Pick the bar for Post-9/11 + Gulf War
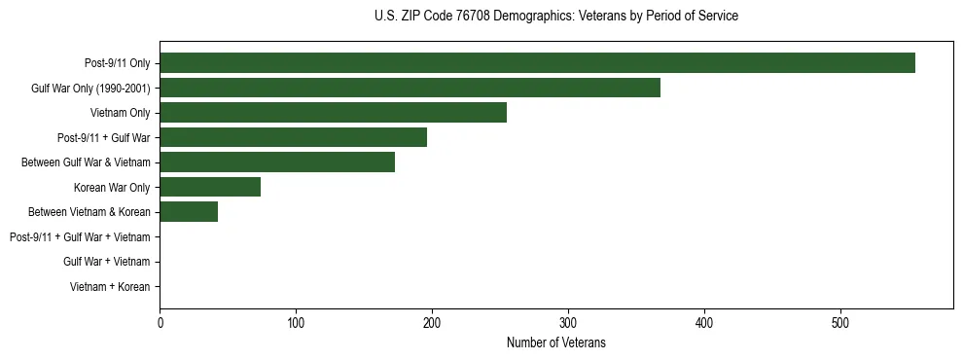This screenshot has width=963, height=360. click(293, 137)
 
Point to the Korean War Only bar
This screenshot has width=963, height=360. click(210, 187)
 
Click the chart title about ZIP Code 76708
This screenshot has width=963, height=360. click(555, 17)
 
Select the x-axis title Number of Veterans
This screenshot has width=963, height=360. click(555, 342)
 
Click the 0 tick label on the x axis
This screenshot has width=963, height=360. click(160, 322)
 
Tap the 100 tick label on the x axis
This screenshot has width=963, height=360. click(296, 322)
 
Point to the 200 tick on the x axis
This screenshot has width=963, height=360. click(432, 322)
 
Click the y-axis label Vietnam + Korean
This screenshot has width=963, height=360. click(110, 287)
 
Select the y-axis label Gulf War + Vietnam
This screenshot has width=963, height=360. click(106, 262)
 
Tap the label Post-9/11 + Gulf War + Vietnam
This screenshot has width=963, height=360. click(80, 236)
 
